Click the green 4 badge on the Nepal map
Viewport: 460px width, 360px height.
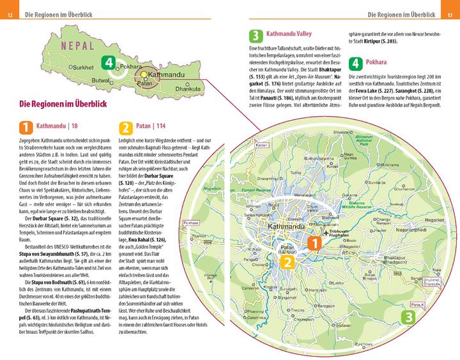pyautogui.click(x=110, y=63)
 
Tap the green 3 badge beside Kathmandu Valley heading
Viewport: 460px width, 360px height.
pyautogui.click(x=256, y=36)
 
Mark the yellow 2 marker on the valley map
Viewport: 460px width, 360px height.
pyautogui.click(x=288, y=263)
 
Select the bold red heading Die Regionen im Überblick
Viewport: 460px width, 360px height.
pyautogui.click(x=63, y=103)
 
